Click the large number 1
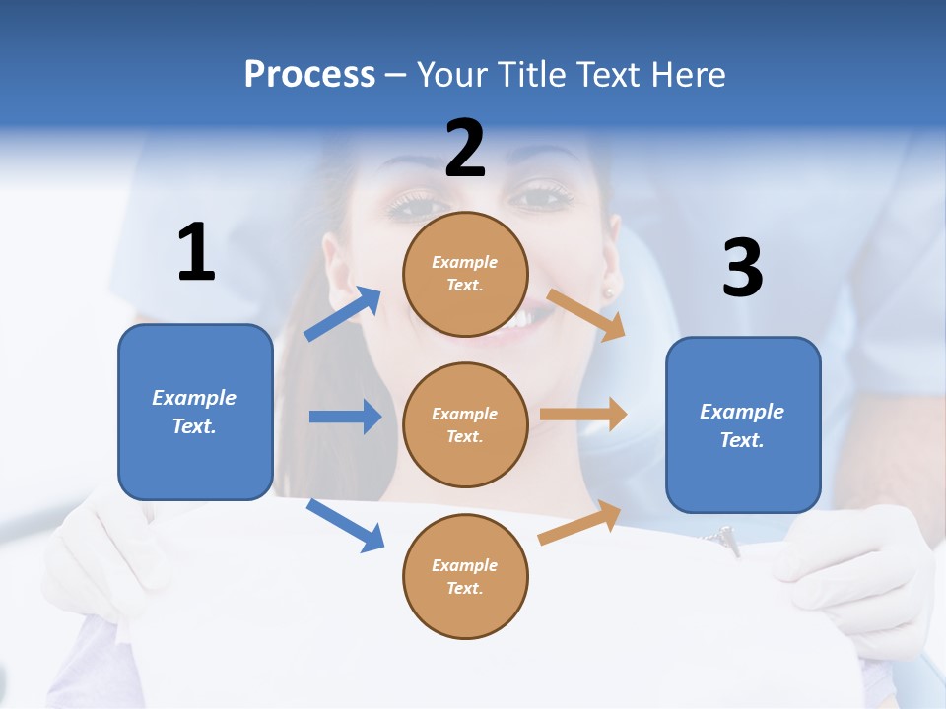click(x=196, y=252)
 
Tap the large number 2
click(x=465, y=149)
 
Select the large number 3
click(x=742, y=268)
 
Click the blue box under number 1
click(x=195, y=412)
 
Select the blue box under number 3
click(x=743, y=424)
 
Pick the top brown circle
click(x=465, y=274)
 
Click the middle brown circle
click(x=465, y=424)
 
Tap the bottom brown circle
click(x=465, y=576)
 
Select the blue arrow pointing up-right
click(x=343, y=314)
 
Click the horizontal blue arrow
click(x=345, y=417)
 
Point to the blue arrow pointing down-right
click(x=345, y=525)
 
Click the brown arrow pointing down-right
click(x=586, y=314)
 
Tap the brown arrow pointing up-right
click(x=580, y=523)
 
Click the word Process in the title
click(x=309, y=74)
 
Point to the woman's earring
click(x=608, y=293)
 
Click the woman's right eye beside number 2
click(x=543, y=197)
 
